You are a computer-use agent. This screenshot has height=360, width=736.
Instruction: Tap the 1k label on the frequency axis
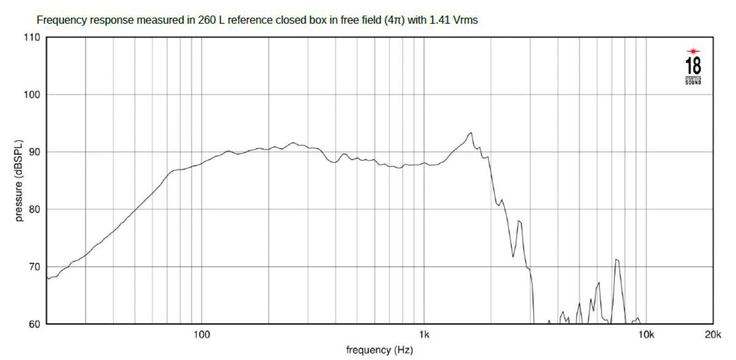pyautogui.click(x=424, y=335)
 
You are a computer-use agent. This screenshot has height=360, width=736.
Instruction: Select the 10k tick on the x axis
pyautogui.click(x=646, y=335)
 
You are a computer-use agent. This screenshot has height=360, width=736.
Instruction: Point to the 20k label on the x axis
pyautogui.click(x=713, y=335)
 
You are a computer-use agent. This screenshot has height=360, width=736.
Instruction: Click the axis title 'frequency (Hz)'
pyautogui.click(x=380, y=350)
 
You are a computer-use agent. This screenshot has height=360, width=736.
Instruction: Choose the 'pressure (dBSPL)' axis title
pyautogui.click(x=20, y=180)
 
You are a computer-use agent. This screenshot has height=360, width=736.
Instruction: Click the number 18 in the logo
pyautogui.click(x=693, y=66)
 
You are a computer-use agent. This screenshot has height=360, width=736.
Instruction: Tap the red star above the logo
pyautogui.click(x=693, y=50)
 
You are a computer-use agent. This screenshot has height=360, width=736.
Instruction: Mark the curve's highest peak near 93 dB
pyautogui.click(x=470, y=132)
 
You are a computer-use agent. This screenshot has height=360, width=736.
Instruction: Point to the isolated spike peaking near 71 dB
pyautogui.click(x=617, y=260)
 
